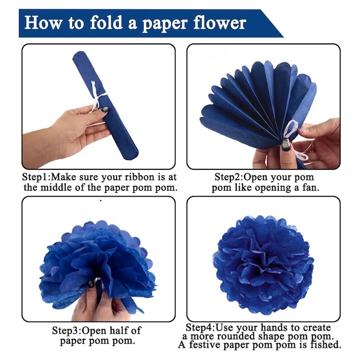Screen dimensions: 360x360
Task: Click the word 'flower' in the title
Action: click(220, 23)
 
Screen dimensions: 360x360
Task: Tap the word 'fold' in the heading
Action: click(106, 23)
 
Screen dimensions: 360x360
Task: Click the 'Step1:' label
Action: click(37, 177)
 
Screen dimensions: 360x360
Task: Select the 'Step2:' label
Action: click(229, 177)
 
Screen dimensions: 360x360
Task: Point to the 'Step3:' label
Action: click(67, 331)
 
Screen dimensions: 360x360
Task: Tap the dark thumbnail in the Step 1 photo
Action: click(105, 110)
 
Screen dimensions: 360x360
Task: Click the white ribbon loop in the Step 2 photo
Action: click(291, 129)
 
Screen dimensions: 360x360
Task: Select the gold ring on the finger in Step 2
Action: click(311, 146)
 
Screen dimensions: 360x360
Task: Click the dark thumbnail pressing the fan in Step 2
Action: click(286, 144)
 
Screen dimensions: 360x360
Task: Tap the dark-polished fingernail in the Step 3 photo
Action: click(91, 284)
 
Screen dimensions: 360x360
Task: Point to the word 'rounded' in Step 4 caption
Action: click(236, 336)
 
